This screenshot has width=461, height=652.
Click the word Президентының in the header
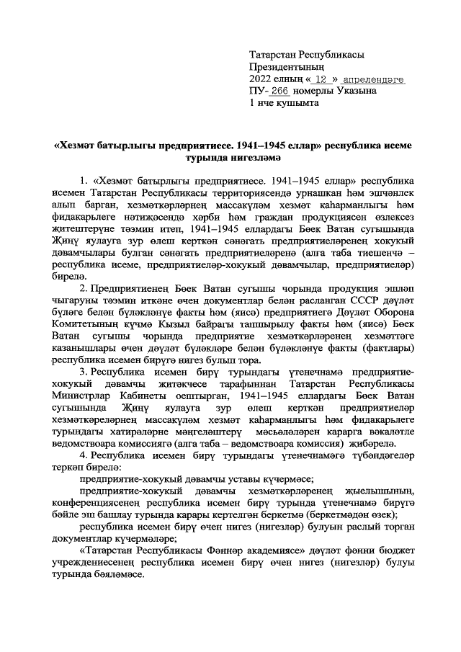(x=282, y=67)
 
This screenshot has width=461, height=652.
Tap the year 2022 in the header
(x=260, y=79)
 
